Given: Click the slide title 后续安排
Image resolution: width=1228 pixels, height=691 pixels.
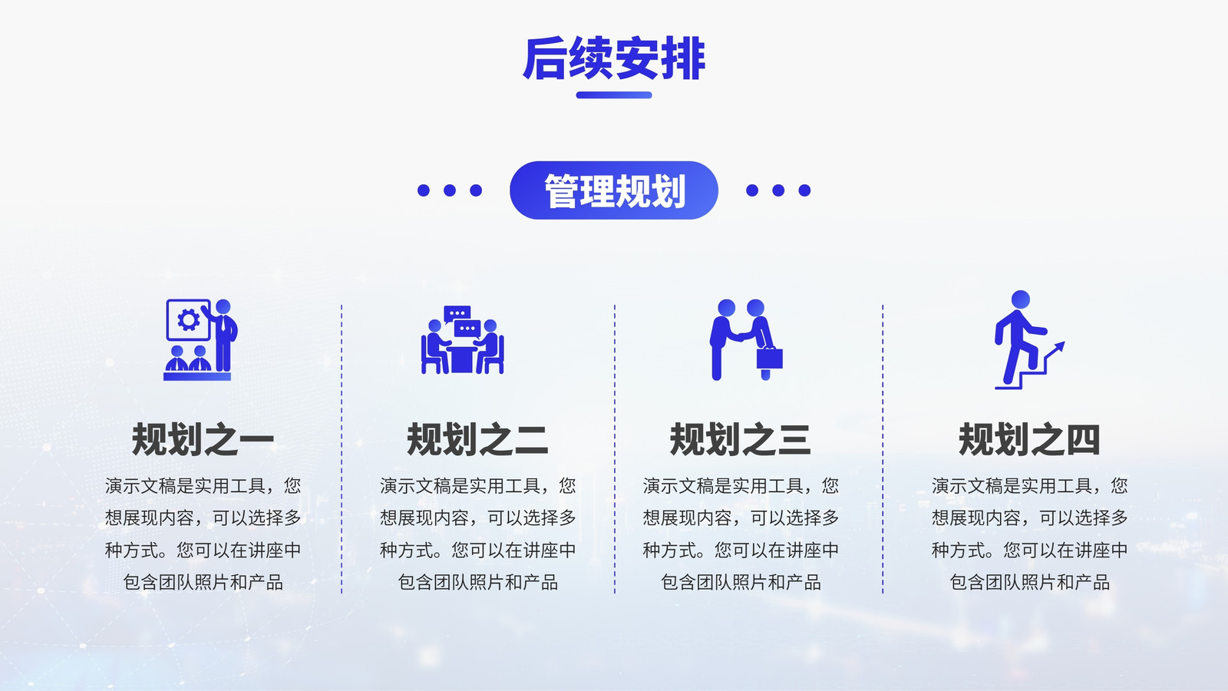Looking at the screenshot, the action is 613,58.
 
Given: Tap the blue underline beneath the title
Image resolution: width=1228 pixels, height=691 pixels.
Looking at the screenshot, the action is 614,95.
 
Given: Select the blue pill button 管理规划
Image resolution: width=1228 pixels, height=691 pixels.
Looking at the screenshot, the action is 614,190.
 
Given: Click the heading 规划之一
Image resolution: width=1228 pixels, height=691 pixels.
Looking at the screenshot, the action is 203,439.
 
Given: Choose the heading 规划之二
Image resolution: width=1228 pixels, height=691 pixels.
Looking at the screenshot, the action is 477,439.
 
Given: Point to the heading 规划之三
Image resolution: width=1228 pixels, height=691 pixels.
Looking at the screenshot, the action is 740,439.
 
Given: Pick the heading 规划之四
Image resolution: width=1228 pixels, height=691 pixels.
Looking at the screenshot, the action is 1029,439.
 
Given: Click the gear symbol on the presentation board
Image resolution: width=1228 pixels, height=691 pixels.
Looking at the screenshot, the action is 189,319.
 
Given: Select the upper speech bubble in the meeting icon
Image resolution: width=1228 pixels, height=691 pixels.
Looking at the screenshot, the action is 457,313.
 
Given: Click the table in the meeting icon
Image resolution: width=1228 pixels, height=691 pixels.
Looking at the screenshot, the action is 461,359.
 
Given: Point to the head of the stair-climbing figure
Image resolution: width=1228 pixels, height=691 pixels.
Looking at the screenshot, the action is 1020,299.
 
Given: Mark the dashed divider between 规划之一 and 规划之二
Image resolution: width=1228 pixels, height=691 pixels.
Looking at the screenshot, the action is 342,449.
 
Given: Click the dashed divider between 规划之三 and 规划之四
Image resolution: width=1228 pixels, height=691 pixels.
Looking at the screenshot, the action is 883,449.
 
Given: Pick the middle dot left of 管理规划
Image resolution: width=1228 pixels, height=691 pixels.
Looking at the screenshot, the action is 450,190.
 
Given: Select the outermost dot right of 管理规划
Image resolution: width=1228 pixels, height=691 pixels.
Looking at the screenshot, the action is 804,190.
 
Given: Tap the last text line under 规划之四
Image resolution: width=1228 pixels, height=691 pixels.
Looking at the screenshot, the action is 1029,582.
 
